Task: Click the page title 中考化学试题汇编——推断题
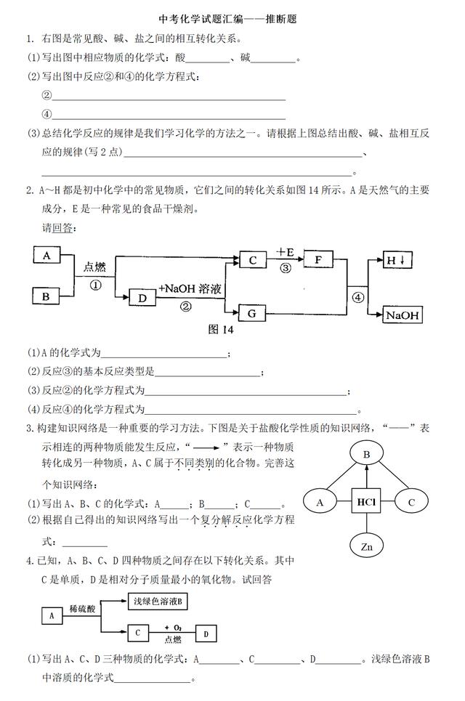point(228,19)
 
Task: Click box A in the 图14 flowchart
point(46,255)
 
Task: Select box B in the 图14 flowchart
point(46,296)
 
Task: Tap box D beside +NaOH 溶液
point(142,298)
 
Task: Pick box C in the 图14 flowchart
point(253,260)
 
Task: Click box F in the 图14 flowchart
point(318,259)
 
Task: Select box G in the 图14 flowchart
point(251,313)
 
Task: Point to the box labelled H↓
point(397,260)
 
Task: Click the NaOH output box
point(403,315)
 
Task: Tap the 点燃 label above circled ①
point(94,267)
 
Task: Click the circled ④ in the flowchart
point(357,297)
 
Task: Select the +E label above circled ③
point(286,252)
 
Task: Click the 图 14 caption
point(221,330)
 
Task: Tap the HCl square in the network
point(366,502)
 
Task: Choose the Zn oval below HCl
point(367,546)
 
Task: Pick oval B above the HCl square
point(367,454)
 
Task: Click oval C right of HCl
point(411,502)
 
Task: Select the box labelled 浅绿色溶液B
point(158,601)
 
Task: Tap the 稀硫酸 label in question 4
point(82,609)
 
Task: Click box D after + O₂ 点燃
point(206,633)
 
